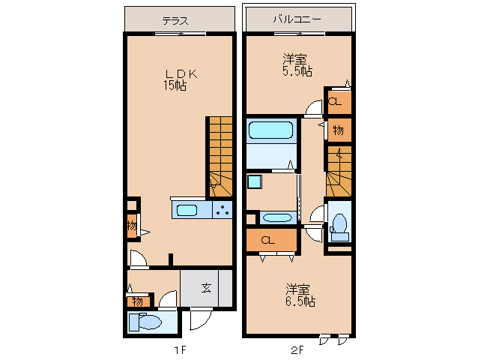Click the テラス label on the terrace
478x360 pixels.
pyautogui.click(x=175, y=20)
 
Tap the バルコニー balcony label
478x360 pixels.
pyautogui.click(x=297, y=20)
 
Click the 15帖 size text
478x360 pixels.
pyautogui.click(x=175, y=85)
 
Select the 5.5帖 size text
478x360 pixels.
pyautogui.click(x=297, y=70)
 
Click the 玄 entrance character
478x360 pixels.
pyautogui.click(x=205, y=287)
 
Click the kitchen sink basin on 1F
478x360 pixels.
pyautogui.click(x=186, y=210)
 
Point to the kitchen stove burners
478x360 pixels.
pyautogui.click(x=223, y=210)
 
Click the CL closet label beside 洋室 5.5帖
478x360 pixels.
pyautogui.click(x=337, y=101)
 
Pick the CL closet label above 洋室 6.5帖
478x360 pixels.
pyautogui.click(x=268, y=240)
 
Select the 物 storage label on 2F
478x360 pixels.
pyautogui.click(x=338, y=130)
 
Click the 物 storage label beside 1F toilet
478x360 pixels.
pyautogui.click(x=137, y=301)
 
